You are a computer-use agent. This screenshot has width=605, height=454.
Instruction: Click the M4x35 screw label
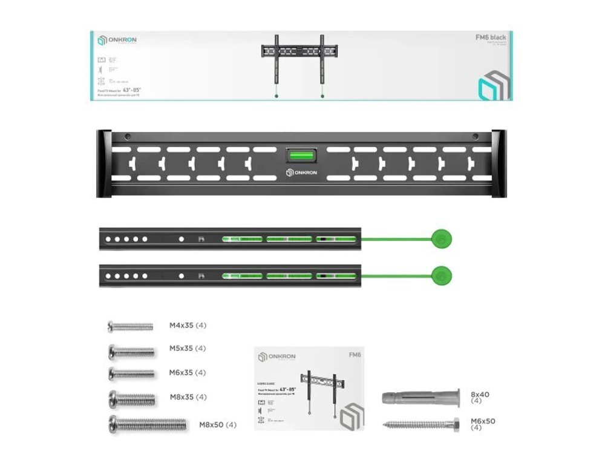pyautogui.click(x=188, y=326)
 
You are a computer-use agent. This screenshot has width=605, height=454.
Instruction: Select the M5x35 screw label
pyautogui.click(x=188, y=349)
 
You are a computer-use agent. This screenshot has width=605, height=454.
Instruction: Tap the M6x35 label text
pyautogui.click(x=188, y=373)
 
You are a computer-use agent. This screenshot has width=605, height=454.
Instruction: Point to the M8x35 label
pyautogui.click(x=188, y=397)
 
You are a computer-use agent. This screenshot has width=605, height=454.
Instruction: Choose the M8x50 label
pyautogui.click(x=218, y=425)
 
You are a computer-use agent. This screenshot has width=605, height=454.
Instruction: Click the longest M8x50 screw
pyautogui.click(x=148, y=424)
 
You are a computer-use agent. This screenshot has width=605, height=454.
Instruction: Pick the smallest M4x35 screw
pyautogui.click(x=130, y=327)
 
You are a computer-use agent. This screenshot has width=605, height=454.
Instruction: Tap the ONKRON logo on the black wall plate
pyautogui.click(x=302, y=173)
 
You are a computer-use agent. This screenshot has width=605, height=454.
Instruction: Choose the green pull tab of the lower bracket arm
pyautogui.click(x=441, y=276)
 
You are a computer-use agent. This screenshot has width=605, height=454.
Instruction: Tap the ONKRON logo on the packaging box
pyautogui.click(x=117, y=41)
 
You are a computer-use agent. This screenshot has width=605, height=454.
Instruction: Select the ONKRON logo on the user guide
pyautogui.click(x=277, y=357)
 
